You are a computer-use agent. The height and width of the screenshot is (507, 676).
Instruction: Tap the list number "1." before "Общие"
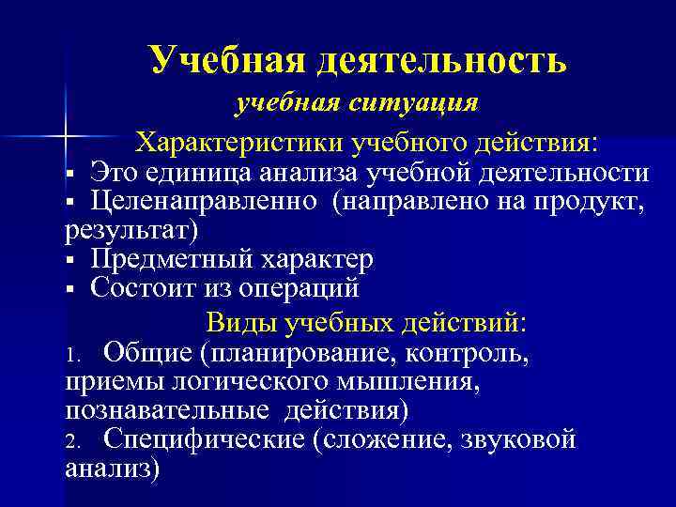pyautogui.click(x=76, y=354)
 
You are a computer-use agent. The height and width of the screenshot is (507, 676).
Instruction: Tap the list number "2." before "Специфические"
pyautogui.click(x=76, y=440)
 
